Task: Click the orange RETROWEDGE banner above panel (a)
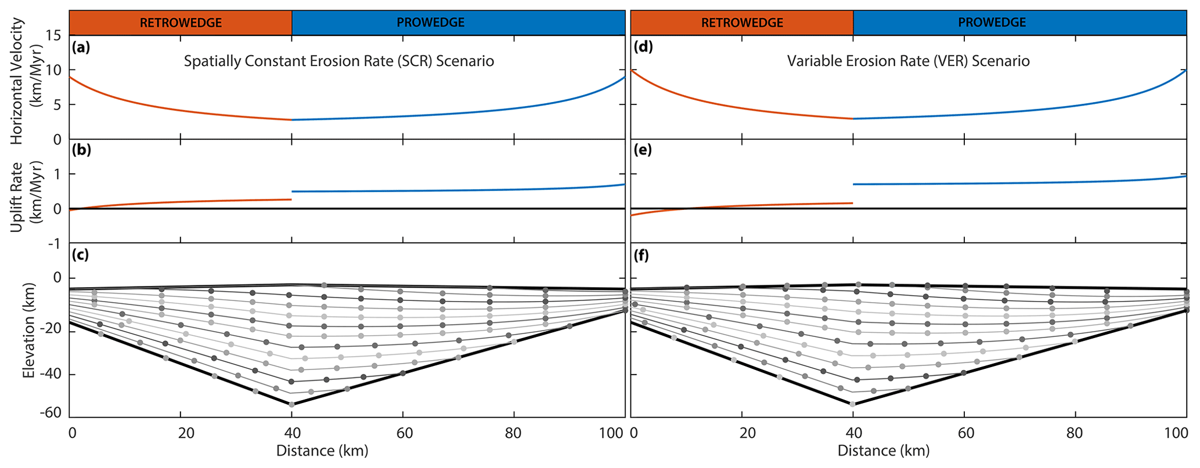coord(181,23)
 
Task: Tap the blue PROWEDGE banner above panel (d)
coord(992,23)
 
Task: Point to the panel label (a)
coord(81,47)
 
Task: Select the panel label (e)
coord(642,150)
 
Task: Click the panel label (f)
coord(641,255)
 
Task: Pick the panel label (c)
coord(80,255)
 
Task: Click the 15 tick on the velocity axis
coord(53,35)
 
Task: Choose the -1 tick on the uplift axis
coord(53,244)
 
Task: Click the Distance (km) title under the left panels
coord(322,451)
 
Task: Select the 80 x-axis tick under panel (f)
coord(1075,433)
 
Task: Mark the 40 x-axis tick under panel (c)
coord(292,433)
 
